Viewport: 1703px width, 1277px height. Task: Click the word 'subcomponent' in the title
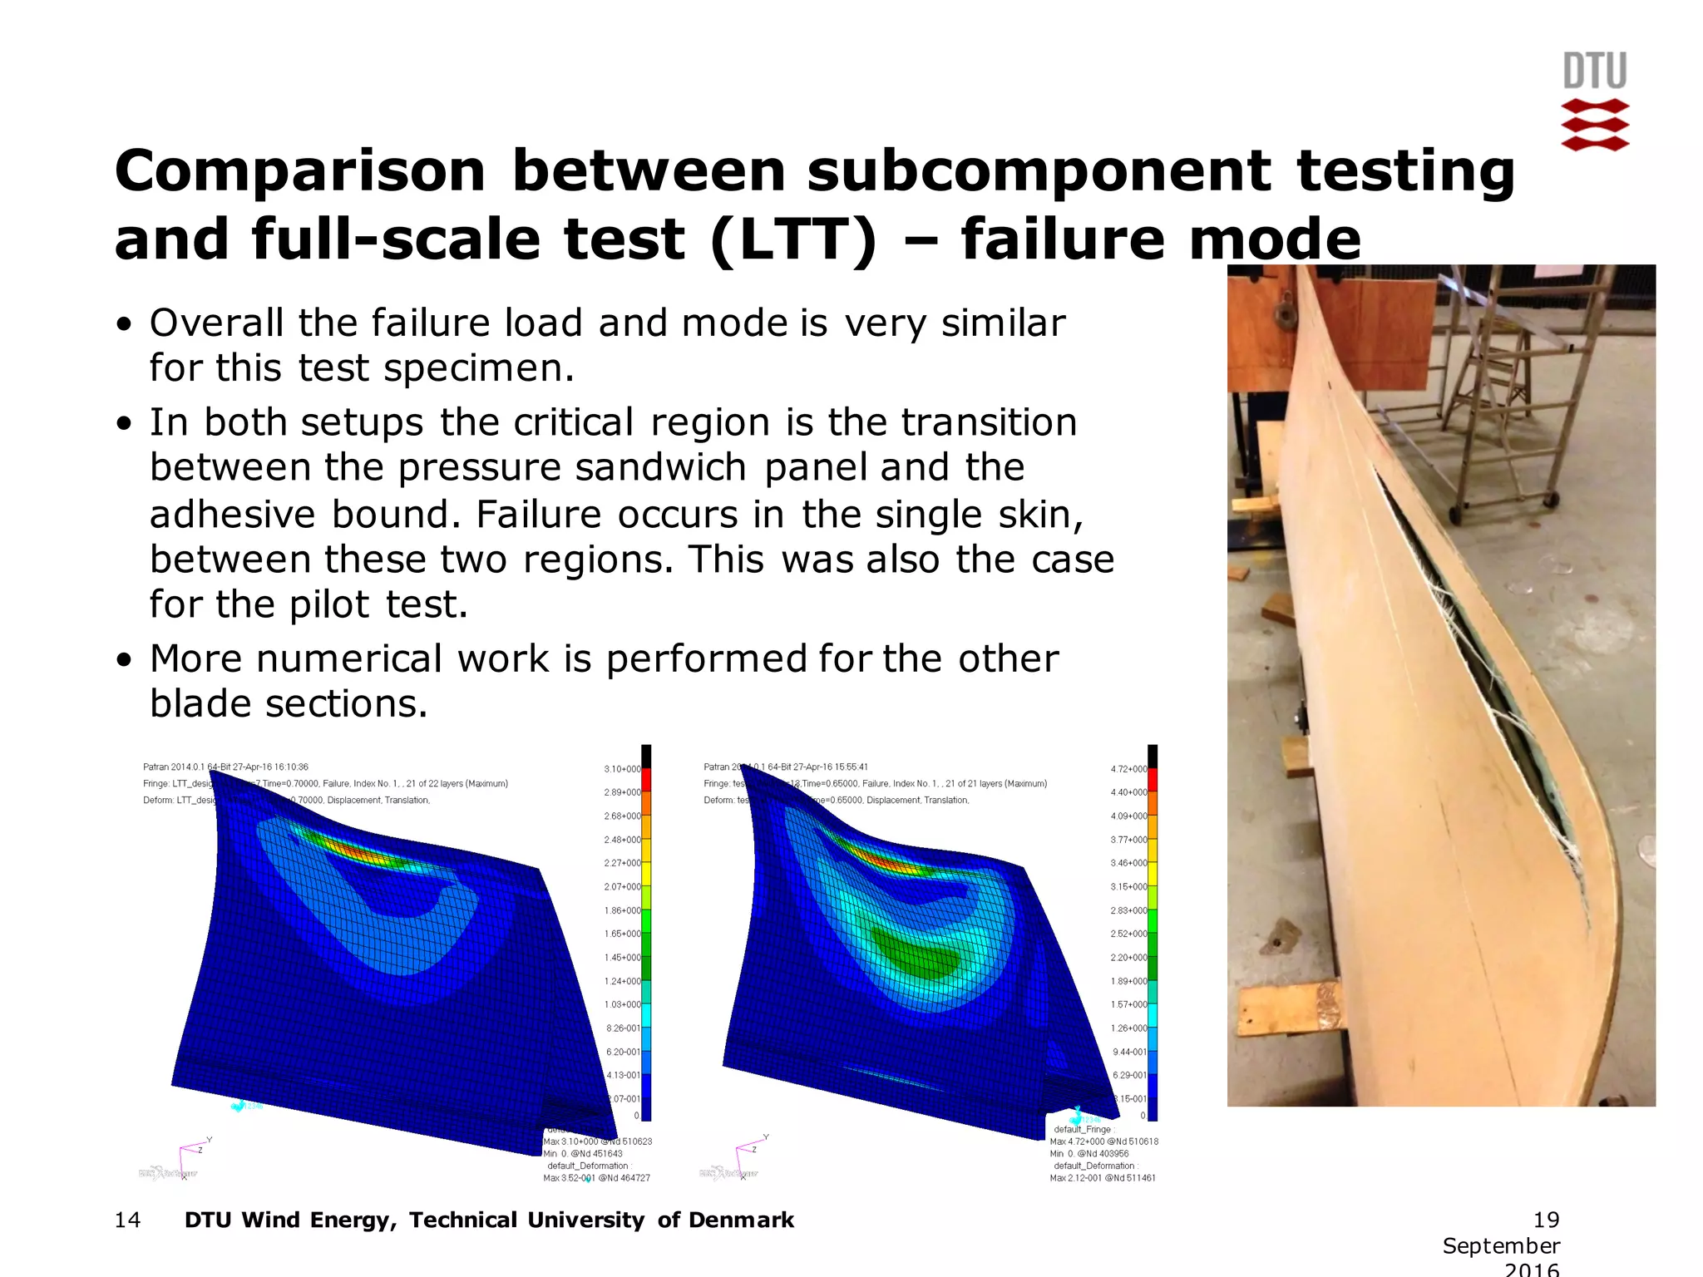[x=1038, y=172]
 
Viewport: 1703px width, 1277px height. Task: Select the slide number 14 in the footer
[x=127, y=1220]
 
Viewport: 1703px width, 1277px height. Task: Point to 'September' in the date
[x=1501, y=1245]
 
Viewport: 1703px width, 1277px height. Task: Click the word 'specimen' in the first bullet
[x=478, y=367]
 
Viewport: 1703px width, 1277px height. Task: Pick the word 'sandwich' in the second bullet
[x=661, y=467]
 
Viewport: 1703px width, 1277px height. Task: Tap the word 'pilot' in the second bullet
[x=329, y=604]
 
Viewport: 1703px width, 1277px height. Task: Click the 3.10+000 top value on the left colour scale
[x=622, y=769]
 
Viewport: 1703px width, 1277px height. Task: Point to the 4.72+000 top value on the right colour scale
[x=1128, y=769]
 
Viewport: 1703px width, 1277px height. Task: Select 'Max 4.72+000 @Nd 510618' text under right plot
[x=1103, y=1141]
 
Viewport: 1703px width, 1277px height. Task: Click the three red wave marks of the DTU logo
[x=1594, y=125]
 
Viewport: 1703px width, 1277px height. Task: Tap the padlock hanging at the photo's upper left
[x=1286, y=312]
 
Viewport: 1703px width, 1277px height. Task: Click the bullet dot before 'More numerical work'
[x=124, y=661]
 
